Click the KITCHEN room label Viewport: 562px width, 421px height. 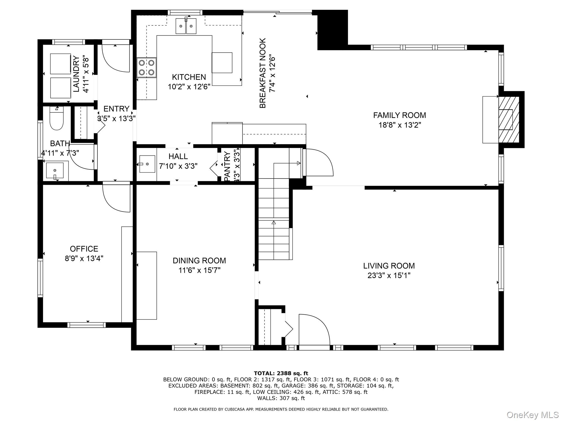pyautogui.click(x=189, y=77)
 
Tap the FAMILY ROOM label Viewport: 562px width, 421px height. pyautogui.click(x=400, y=115)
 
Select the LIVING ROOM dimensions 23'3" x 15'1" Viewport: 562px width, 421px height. pyautogui.click(x=389, y=275)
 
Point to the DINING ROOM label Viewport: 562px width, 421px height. pyautogui.click(x=199, y=260)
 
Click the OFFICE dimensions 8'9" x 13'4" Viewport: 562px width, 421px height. pyautogui.click(x=84, y=258)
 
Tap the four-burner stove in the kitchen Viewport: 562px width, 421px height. pyautogui.click(x=147, y=67)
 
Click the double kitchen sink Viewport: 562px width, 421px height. pyautogui.click(x=186, y=26)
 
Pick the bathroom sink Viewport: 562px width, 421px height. pyautogui.click(x=55, y=171)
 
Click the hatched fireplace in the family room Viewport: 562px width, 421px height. pyautogui.click(x=509, y=119)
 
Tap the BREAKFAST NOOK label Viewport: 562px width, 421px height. pyautogui.click(x=263, y=73)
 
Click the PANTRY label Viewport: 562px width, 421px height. pyautogui.click(x=227, y=166)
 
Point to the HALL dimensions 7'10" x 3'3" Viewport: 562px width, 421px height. pyautogui.click(x=178, y=166)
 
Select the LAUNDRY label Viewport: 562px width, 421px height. pyautogui.click(x=76, y=74)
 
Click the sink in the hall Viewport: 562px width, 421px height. pyautogui.click(x=147, y=164)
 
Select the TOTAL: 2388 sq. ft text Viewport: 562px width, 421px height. pyautogui.click(x=281, y=373)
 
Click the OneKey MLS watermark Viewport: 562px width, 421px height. pyautogui.click(x=533, y=415)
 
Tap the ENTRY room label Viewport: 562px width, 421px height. pyautogui.click(x=116, y=109)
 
